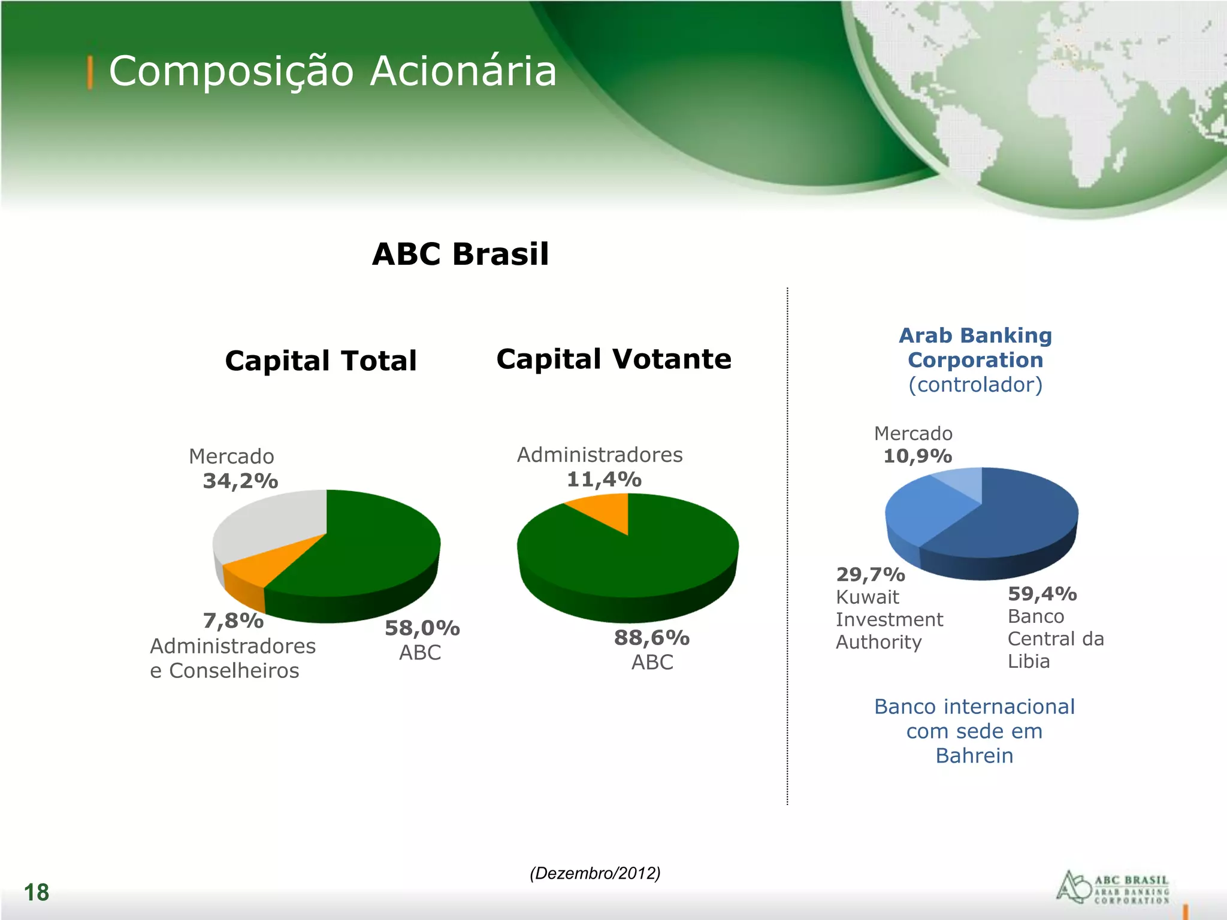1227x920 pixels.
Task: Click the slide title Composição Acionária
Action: (333, 72)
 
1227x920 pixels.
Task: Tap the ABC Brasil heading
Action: (460, 254)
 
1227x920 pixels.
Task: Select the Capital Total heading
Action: (321, 361)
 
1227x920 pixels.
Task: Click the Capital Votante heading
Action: (613, 359)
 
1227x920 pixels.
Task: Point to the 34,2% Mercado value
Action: (240, 481)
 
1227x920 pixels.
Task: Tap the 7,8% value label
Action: (233, 621)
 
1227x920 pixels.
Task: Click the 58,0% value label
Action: (422, 628)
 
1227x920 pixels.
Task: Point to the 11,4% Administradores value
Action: (604, 479)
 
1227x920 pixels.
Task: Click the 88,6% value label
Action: (652, 638)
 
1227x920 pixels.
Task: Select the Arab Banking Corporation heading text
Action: (975, 347)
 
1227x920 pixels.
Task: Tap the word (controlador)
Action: (975, 385)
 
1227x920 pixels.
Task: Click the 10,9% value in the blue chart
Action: (917, 456)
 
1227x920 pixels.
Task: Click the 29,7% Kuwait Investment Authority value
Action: (871, 574)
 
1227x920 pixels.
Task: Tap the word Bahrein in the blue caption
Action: (974, 756)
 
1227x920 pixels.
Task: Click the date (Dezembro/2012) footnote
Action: (595, 873)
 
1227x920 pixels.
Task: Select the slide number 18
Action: (37, 892)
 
